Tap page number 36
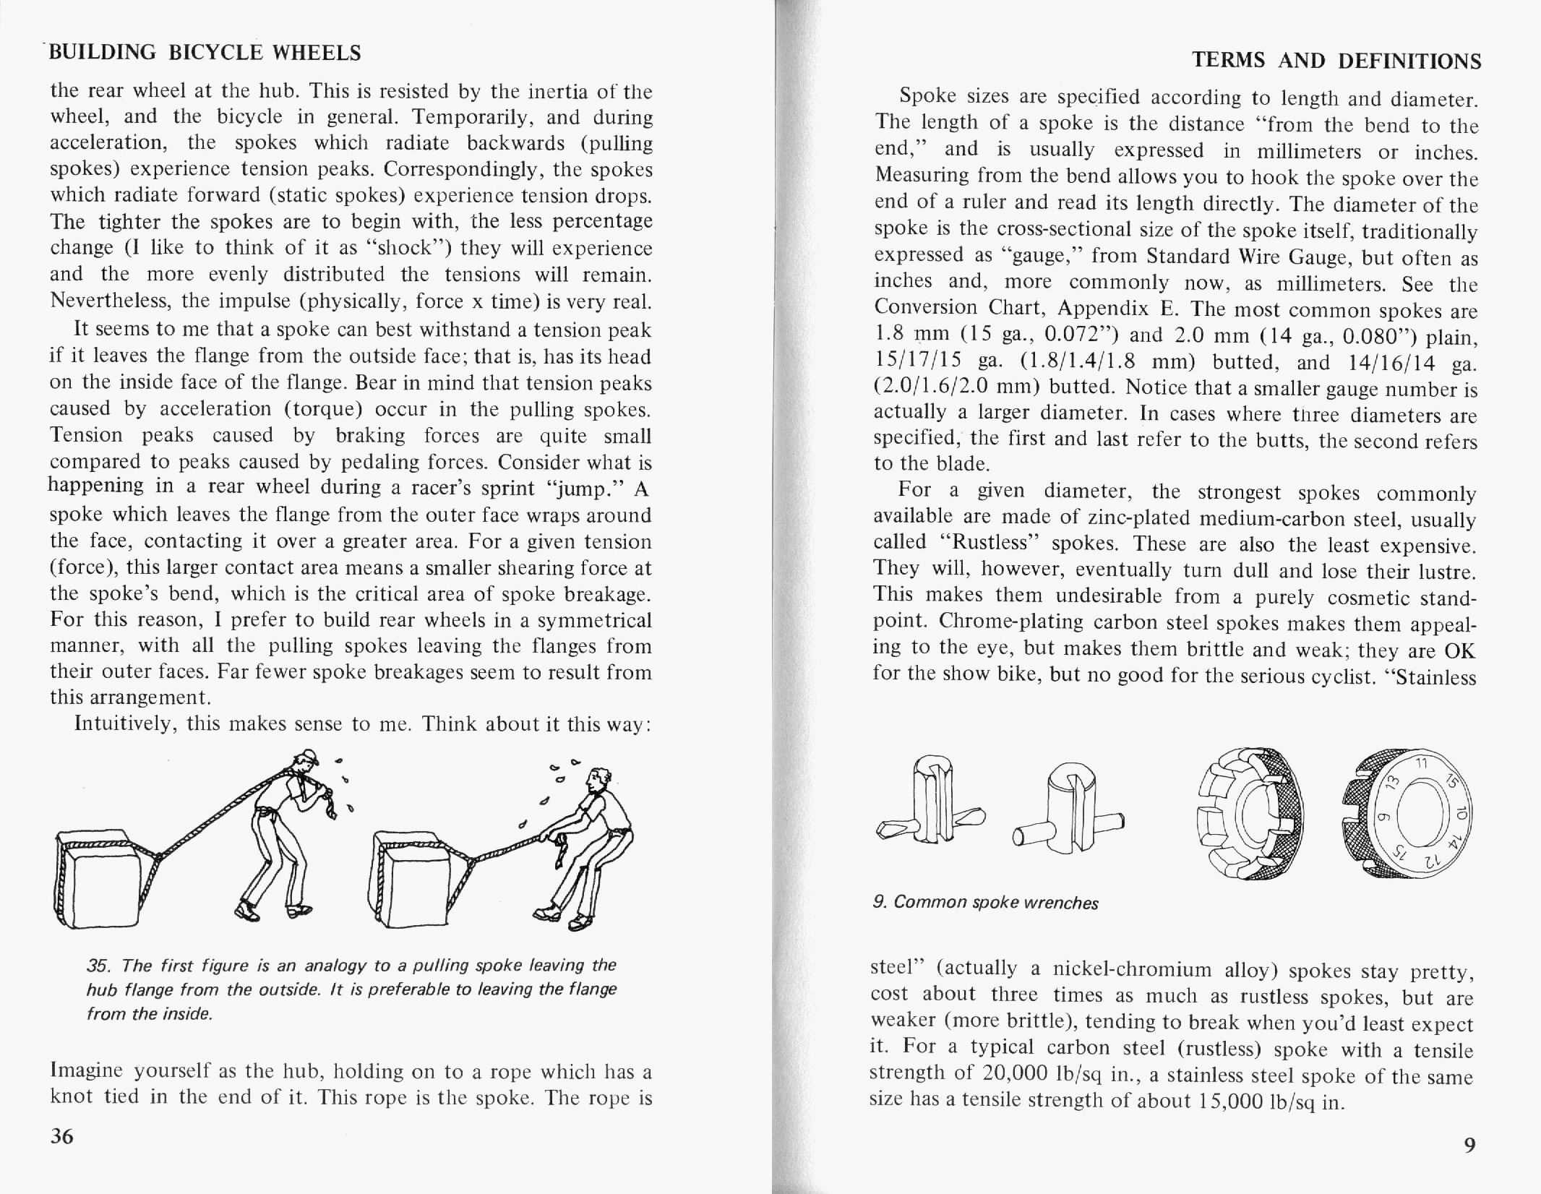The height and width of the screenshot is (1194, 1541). tap(62, 1136)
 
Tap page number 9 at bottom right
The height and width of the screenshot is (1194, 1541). tap(1469, 1145)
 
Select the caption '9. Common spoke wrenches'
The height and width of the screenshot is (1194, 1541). tap(985, 902)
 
